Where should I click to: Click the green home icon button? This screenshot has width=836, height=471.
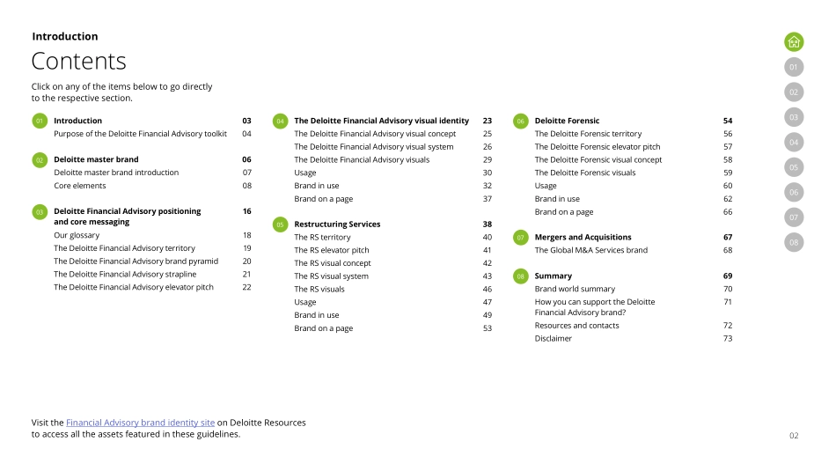[x=794, y=41]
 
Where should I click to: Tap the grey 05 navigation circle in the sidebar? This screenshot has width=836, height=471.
[x=794, y=167]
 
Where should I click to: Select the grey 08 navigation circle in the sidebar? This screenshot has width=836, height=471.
[x=794, y=242]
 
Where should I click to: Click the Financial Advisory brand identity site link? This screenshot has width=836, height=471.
[x=140, y=423]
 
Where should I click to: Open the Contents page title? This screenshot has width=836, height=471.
[x=79, y=61]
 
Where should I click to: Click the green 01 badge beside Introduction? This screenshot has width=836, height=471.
[x=40, y=121]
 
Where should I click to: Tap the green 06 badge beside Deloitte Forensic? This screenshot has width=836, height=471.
[x=520, y=121]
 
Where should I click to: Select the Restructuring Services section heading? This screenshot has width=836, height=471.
[x=337, y=224]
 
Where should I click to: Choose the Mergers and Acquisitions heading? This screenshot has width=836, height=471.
[x=583, y=237]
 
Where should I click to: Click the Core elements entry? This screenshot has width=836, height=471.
[x=80, y=186]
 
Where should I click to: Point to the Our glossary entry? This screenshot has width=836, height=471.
[x=77, y=235]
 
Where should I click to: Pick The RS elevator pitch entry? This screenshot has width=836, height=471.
[x=332, y=250]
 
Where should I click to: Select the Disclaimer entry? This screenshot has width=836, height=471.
[x=554, y=338]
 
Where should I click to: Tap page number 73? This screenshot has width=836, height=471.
[x=728, y=338]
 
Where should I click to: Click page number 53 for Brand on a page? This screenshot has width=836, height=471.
[x=488, y=328]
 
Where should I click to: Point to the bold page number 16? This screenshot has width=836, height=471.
[x=247, y=211]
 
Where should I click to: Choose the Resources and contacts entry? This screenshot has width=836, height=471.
[x=576, y=326]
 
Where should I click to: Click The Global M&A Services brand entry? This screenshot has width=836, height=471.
[x=591, y=250]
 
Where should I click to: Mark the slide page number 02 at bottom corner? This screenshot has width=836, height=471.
[x=794, y=435]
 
